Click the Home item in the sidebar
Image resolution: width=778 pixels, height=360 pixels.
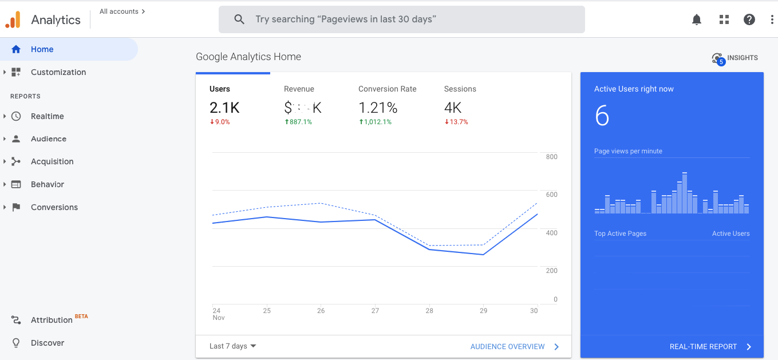coord(42,49)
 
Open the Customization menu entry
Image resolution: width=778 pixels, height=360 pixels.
coord(58,72)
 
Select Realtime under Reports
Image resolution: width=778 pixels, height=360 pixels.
coord(47,116)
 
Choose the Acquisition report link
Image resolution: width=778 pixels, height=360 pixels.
coord(52,161)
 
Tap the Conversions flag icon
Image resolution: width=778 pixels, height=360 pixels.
coord(16,207)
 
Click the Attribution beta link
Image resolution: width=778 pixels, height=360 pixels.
coord(52,320)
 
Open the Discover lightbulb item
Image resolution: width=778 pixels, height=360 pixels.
coord(47,343)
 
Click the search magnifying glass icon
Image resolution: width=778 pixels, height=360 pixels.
coord(239,19)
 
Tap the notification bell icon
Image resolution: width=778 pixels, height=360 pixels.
coord(697,19)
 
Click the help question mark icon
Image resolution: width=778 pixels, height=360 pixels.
coord(749,19)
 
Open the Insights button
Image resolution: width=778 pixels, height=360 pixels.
coord(735,58)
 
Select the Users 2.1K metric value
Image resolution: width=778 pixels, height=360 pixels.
coord(224,108)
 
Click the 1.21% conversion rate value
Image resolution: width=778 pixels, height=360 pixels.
coord(378,108)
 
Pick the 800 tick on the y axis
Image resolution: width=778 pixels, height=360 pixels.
coord(551,157)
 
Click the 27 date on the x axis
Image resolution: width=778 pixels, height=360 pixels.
coord(375,311)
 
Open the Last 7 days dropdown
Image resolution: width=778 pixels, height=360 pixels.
coord(232,346)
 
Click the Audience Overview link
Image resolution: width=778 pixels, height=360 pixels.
coord(508,347)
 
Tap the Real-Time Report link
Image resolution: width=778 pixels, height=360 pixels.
coord(704,347)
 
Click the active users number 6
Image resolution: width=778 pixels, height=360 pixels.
coord(602,116)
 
